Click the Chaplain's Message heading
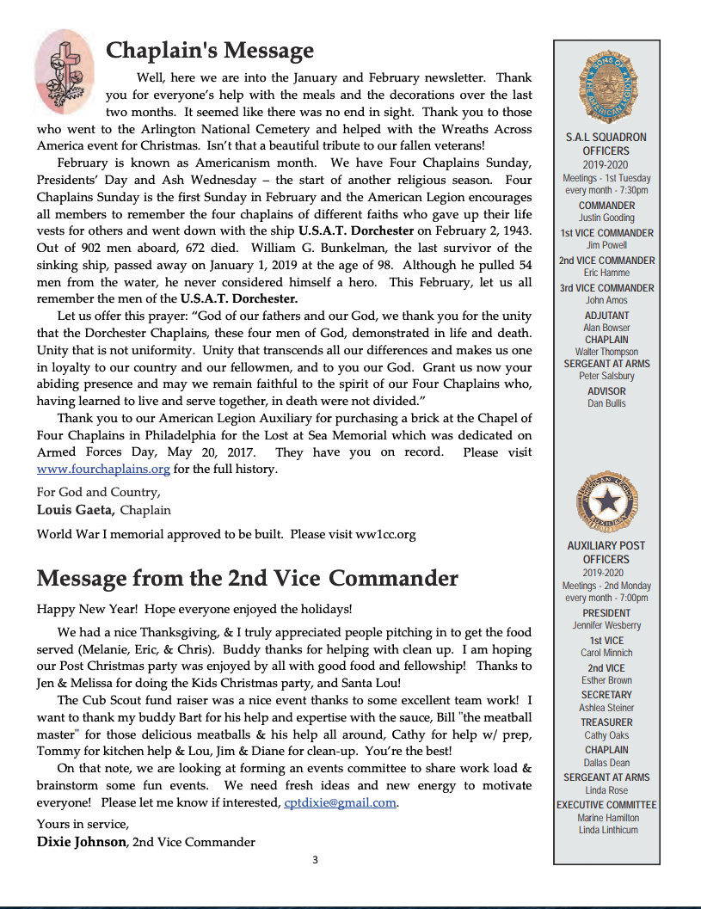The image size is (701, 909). click(x=209, y=51)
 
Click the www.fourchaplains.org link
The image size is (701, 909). click(x=103, y=470)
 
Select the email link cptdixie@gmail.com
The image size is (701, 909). click(x=340, y=802)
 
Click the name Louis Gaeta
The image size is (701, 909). click(x=76, y=510)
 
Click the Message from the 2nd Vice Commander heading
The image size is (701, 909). click(x=247, y=578)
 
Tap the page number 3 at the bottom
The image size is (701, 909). click(x=316, y=860)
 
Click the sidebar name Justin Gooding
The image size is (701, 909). click(x=606, y=218)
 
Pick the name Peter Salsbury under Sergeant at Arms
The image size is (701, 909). click(x=606, y=376)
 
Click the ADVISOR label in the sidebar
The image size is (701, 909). click(x=606, y=390)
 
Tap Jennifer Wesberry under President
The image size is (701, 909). click(x=606, y=625)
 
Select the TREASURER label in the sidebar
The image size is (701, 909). click(x=606, y=722)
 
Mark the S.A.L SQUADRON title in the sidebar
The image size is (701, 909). click(x=606, y=137)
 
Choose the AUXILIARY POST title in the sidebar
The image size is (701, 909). click(x=606, y=545)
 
